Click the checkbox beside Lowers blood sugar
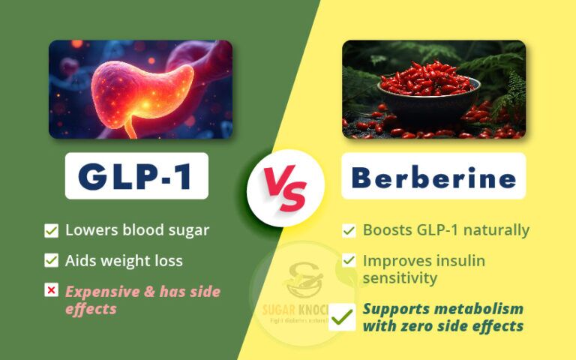[51, 231]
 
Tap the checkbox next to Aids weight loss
[51, 261]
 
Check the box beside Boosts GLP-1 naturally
[349, 231]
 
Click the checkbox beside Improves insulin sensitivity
[349, 261]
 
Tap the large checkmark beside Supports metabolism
[343, 317]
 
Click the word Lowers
[90, 230]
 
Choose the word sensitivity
[400, 278]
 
